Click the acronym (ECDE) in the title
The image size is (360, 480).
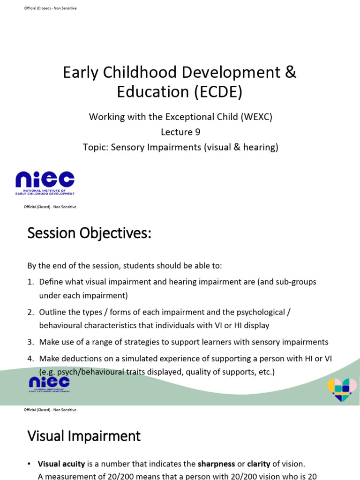click(217, 91)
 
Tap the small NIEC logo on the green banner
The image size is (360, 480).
click(49, 384)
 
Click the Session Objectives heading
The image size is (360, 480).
click(89, 233)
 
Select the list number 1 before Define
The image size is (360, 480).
click(30, 282)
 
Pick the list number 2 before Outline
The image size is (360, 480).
click(30, 312)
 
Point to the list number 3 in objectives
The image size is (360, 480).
click(30, 342)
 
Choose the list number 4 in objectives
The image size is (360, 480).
click(30, 359)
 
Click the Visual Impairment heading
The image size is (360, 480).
click(84, 436)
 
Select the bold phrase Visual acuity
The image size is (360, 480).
click(61, 464)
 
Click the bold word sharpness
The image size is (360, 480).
click(217, 464)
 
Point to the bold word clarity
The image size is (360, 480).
click(258, 464)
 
